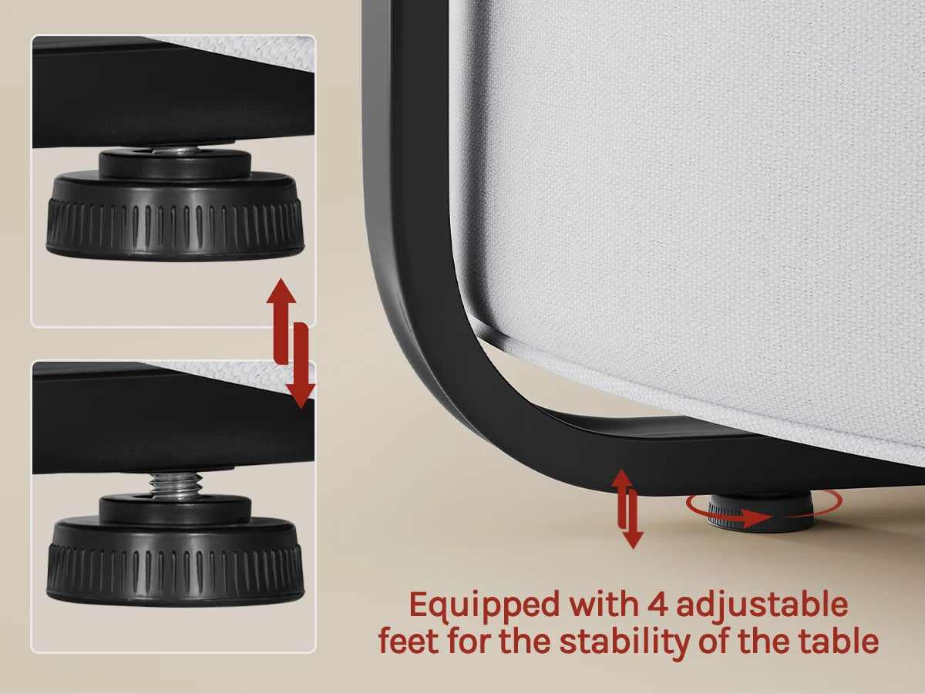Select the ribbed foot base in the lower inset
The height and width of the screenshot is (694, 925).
tap(175, 561)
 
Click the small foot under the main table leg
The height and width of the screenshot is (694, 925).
tap(761, 512)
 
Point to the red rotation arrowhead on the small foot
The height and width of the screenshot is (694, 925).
tap(758, 517)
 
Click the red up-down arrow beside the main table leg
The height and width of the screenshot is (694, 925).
tap(627, 509)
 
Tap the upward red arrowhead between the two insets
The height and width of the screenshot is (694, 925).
tap(281, 291)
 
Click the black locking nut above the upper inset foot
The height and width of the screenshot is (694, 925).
tap(175, 163)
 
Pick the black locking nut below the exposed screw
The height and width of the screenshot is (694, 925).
tap(175, 509)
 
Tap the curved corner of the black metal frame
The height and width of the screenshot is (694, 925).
tap(425, 337)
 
